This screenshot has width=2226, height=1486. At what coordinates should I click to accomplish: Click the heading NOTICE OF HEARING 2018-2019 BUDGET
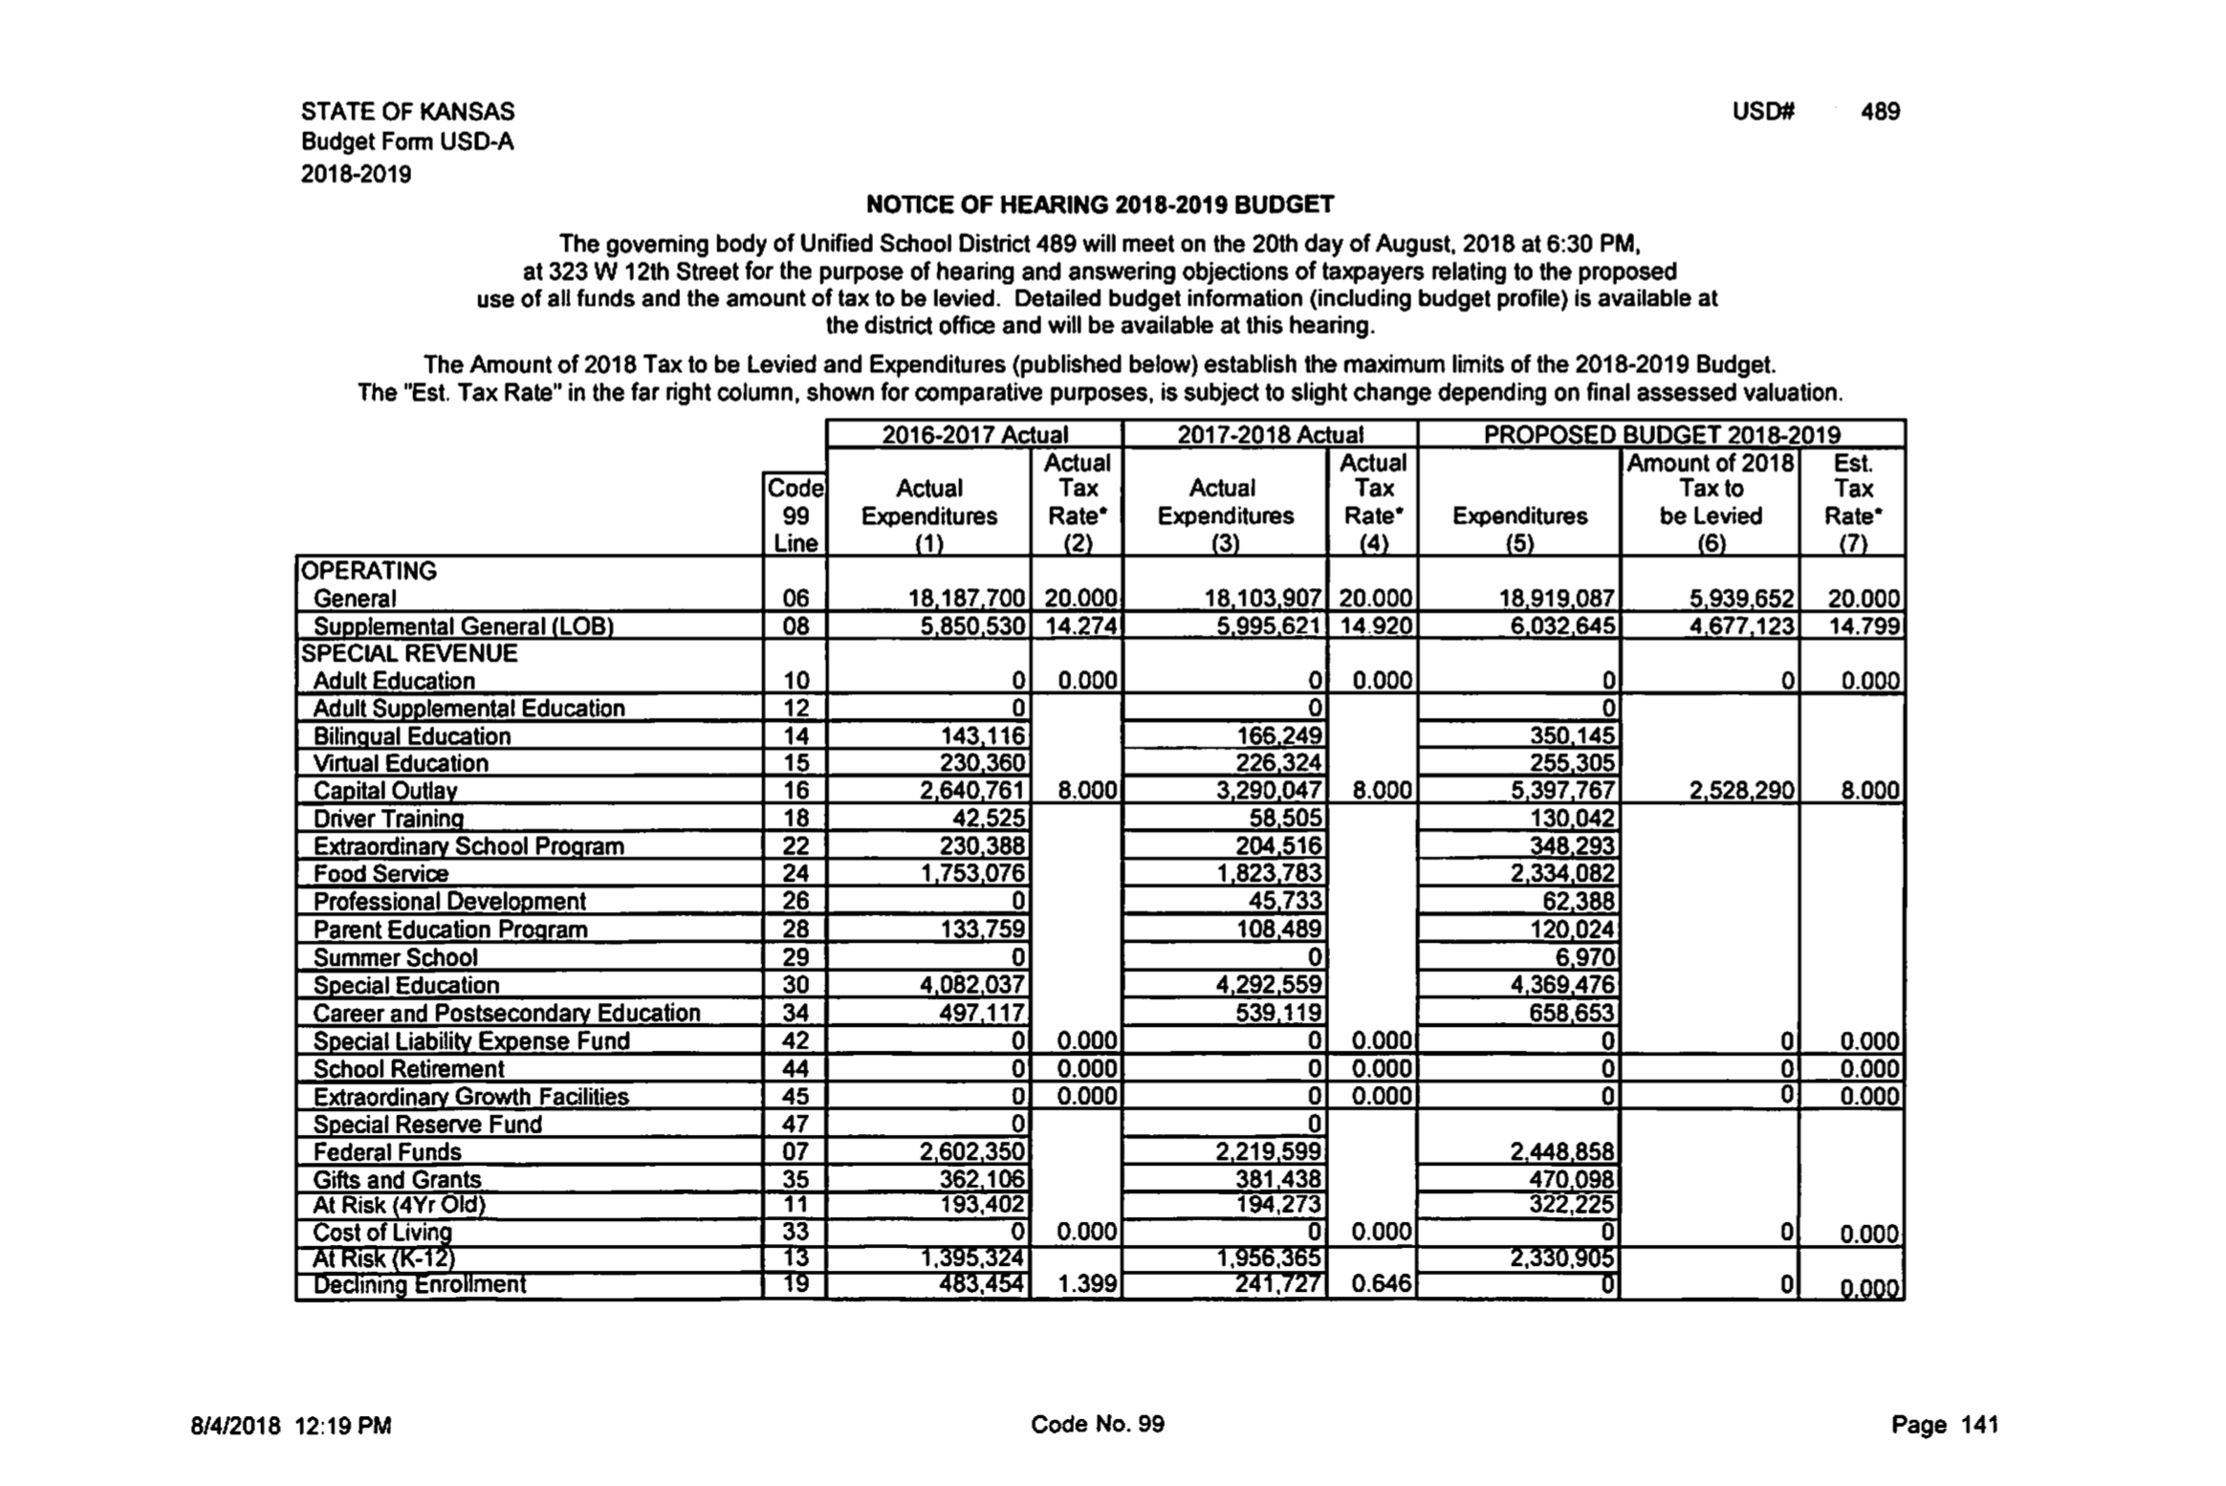pos(1099,205)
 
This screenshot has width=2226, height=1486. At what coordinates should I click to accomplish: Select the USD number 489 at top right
pos(1879,112)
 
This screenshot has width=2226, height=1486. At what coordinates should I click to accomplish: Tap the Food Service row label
pos(381,874)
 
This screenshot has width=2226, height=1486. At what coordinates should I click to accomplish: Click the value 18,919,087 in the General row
pos(1557,599)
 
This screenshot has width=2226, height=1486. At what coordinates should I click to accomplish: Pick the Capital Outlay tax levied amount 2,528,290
pos(1741,791)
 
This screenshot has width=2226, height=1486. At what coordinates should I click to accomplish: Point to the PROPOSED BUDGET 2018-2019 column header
pos(1661,435)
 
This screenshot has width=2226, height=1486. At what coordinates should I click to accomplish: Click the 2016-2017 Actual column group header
pos(974,435)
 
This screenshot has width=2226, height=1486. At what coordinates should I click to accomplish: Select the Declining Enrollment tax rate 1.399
pos(1087,1284)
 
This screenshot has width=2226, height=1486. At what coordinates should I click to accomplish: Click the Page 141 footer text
pos(1944,1425)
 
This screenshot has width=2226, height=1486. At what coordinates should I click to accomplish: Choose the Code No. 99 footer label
pos(1097,1424)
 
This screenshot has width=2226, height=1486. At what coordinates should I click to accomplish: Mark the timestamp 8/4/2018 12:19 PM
pos(291,1426)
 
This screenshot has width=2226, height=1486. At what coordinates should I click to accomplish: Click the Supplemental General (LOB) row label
pos(463,626)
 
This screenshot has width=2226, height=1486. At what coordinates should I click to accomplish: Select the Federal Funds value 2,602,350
pos(971,1152)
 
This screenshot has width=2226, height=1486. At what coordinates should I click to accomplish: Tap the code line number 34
pos(796,1013)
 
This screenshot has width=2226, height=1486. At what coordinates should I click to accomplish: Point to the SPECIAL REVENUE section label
pos(409,654)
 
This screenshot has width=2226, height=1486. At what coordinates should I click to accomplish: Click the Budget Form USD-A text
pos(407,142)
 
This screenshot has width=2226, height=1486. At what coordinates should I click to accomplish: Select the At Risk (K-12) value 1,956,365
pos(1268,1258)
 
